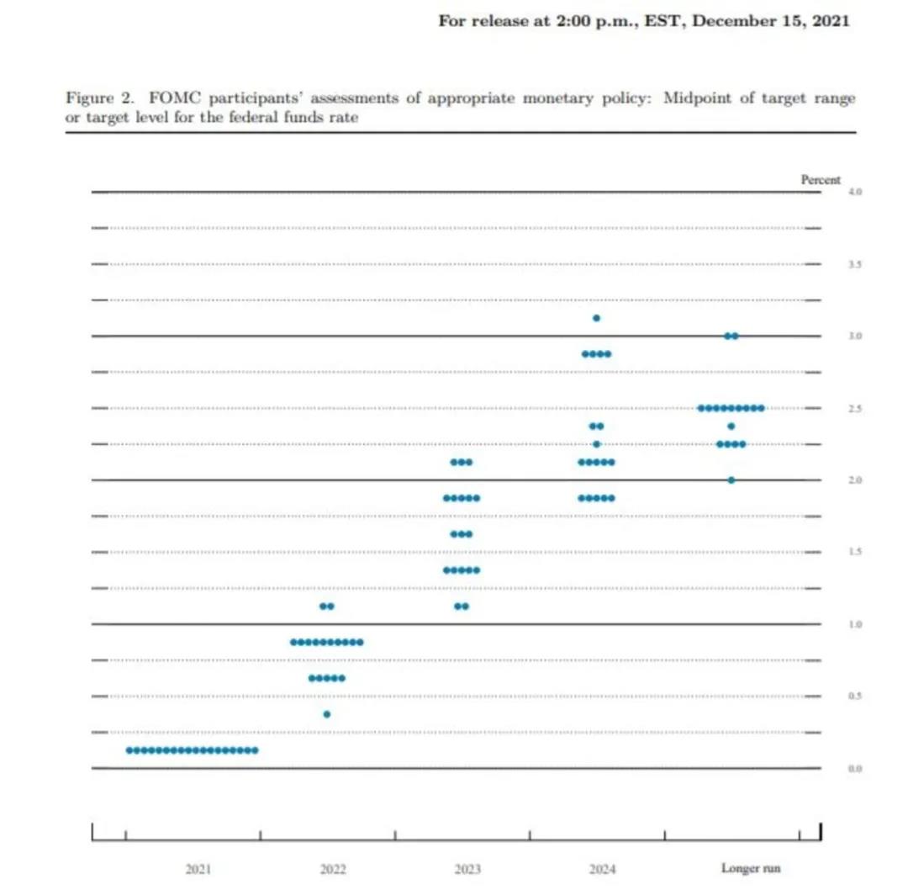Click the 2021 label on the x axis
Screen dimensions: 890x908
click(x=199, y=869)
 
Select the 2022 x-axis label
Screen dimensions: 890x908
click(x=333, y=869)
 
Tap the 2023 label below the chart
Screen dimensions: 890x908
click(x=467, y=869)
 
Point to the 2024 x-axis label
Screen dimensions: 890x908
click(x=602, y=869)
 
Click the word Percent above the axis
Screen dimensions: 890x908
click(x=821, y=179)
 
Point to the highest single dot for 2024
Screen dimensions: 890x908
click(x=596, y=318)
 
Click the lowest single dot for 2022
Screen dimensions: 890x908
click(x=327, y=714)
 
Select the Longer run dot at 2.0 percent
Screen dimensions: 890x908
click(x=731, y=480)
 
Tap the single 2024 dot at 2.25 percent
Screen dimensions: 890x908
click(x=596, y=444)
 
